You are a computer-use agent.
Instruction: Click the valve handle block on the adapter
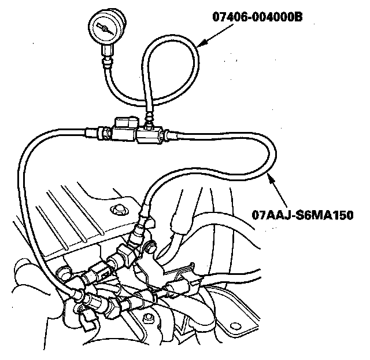(127, 123)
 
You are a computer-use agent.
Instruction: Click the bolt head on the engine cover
(120, 208)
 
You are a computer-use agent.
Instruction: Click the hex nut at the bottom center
(149, 317)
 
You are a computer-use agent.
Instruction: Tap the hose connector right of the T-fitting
(168, 137)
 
